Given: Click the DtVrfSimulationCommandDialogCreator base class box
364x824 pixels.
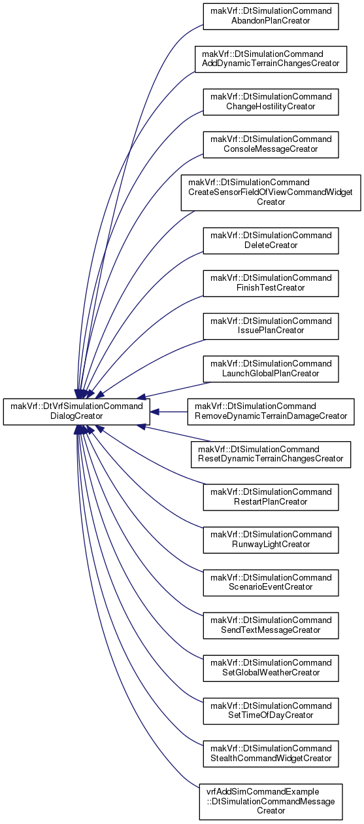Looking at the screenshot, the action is [76, 412].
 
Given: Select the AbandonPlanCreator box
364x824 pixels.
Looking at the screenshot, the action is [271, 16].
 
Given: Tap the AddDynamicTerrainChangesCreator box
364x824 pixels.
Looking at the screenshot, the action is [271, 59].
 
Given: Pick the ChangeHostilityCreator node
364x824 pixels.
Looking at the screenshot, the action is [271, 102].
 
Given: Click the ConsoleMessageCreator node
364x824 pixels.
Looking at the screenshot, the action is [271, 145].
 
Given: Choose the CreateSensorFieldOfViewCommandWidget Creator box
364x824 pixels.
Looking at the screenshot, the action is [271, 192].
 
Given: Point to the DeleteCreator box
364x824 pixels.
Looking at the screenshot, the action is [271, 241].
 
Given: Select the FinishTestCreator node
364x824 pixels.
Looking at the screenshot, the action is [271, 283].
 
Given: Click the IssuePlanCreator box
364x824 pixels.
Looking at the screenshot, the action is [271, 327].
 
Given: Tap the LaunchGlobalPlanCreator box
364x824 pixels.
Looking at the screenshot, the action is [271, 369].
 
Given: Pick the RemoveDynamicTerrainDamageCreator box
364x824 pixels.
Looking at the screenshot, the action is [271, 412].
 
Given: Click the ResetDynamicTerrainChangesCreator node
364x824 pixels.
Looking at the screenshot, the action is [271, 455].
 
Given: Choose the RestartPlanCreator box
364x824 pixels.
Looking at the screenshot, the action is [271, 497].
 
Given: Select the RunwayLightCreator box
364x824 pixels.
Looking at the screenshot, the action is [271, 540].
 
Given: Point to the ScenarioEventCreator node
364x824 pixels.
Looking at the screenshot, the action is [271, 582].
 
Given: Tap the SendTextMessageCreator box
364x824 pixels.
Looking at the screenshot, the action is [271, 626].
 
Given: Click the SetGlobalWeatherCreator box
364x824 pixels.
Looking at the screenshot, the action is [271, 668].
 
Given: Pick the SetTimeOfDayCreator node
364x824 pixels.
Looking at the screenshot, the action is [271, 711].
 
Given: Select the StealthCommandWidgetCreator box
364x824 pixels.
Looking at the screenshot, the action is [271, 754].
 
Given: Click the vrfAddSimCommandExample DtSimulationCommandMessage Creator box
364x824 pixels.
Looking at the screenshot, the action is [271, 802].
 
